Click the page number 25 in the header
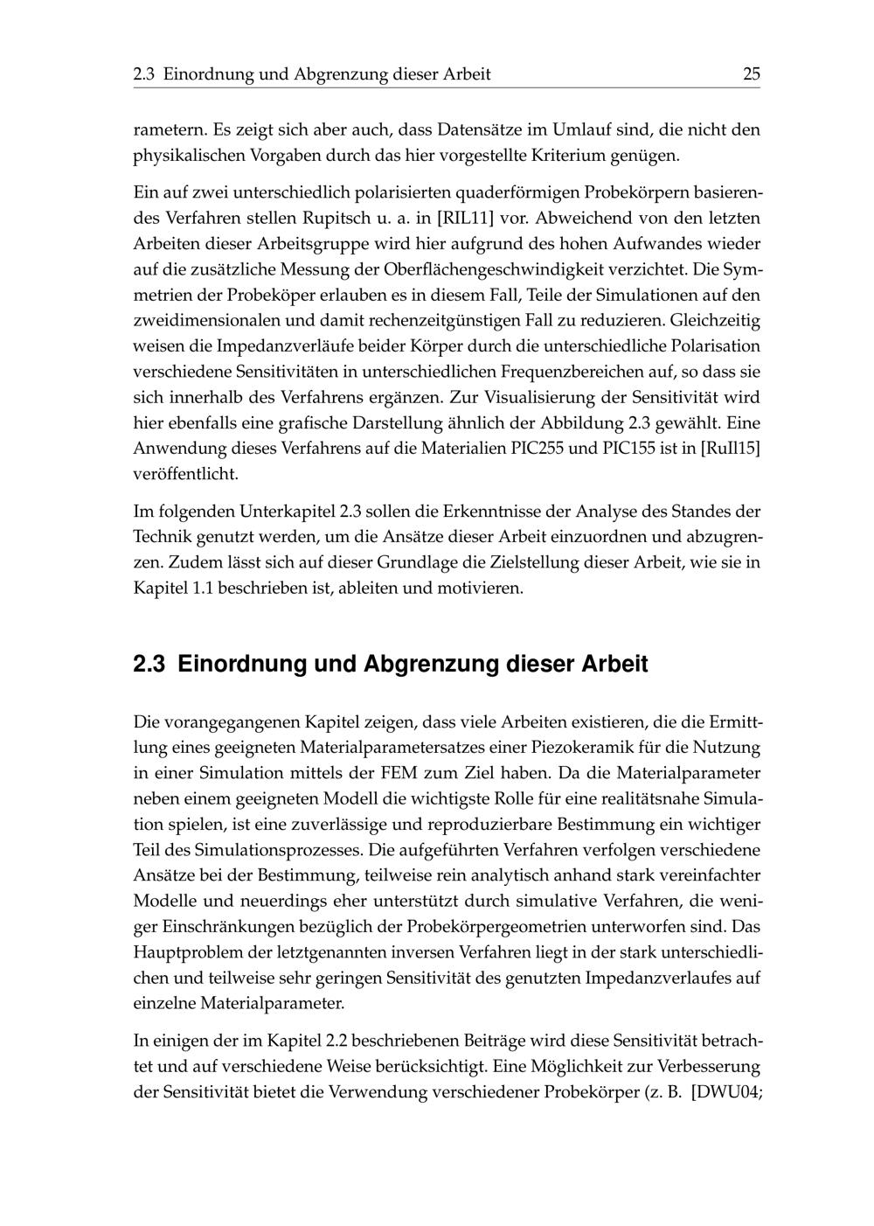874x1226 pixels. coord(751,74)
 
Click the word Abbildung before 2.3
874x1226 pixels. coord(578,423)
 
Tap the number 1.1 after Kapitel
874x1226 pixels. coord(200,588)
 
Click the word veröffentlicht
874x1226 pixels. coord(184,475)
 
